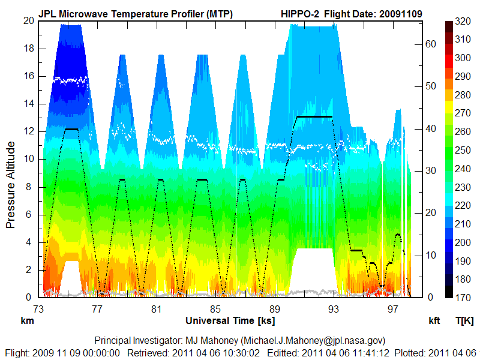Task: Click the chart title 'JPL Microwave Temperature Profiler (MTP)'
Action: (136, 13)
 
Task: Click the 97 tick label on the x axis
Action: (393, 308)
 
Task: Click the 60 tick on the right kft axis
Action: (429, 44)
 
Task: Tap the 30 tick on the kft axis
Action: (429, 170)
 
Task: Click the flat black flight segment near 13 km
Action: (313, 116)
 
